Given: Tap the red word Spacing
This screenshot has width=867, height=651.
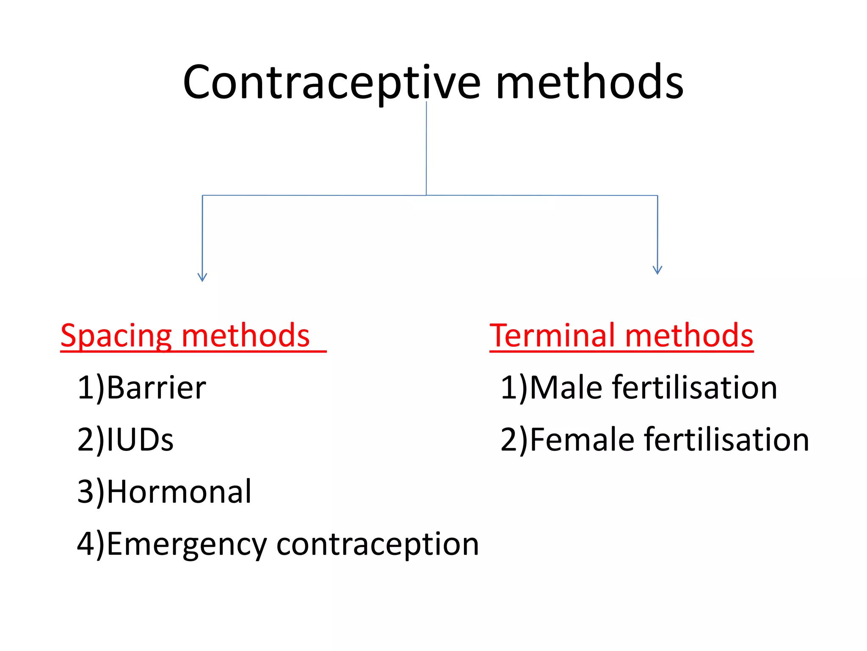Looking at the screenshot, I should click(x=116, y=336).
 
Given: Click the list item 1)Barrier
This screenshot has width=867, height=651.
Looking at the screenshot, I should click(x=141, y=387).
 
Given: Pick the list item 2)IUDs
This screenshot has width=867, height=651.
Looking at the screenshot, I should click(x=125, y=440).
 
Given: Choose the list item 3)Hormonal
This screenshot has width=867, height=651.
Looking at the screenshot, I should click(x=164, y=492).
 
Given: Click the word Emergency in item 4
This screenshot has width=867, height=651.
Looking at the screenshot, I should click(x=187, y=544).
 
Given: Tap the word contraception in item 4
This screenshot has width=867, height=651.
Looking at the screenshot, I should click(x=377, y=544).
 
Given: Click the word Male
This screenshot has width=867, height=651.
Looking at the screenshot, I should click(x=566, y=387).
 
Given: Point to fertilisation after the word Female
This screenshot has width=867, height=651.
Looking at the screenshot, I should click(x=726, y=440).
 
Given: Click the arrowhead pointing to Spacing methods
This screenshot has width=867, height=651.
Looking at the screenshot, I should click(x=202, y=277).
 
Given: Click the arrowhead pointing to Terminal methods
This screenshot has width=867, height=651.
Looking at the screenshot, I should click(x=657, y=270).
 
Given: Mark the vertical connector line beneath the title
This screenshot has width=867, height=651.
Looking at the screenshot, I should click(x=426, y=148).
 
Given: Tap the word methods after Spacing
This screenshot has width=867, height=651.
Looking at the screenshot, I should click(x=246, y=336).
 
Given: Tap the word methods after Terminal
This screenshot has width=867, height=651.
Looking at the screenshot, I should click(x=689, y=336).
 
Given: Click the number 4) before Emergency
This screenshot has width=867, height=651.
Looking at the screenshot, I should click(x=90, y=544).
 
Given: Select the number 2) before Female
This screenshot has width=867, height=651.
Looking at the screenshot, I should click(x=514, y=440).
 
